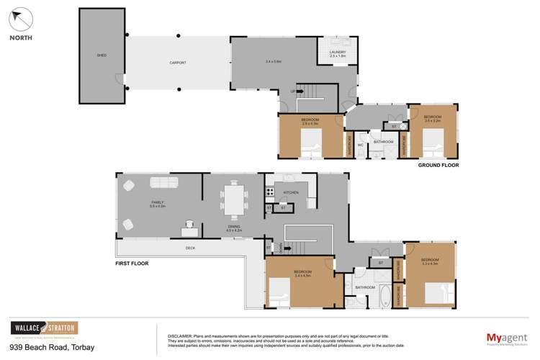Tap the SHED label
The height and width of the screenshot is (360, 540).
102,55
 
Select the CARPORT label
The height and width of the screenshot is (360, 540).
178,63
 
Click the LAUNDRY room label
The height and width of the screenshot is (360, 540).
338,52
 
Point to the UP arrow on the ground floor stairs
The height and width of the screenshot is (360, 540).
294,91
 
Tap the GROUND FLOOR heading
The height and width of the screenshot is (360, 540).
438,165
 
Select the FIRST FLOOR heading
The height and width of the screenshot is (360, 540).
132,263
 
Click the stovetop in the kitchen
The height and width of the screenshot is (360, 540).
269,192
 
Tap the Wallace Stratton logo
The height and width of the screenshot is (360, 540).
43,329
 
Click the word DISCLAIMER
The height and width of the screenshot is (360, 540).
179,336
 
